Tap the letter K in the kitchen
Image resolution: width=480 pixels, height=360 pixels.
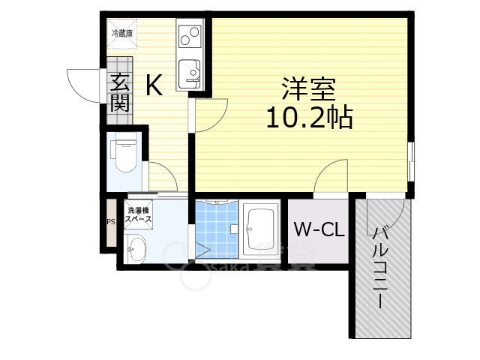click(x=153, y=86)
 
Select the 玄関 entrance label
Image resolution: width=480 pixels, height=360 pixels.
click(x=119, y=93)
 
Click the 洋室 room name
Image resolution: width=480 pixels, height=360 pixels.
click(x=308, y=89)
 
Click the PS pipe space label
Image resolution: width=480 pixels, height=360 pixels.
click(x=110, y=222)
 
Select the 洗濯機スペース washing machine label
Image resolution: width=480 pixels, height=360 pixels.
click(x=139, y=217)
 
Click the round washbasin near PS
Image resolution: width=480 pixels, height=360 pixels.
click(x=136, y=250)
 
